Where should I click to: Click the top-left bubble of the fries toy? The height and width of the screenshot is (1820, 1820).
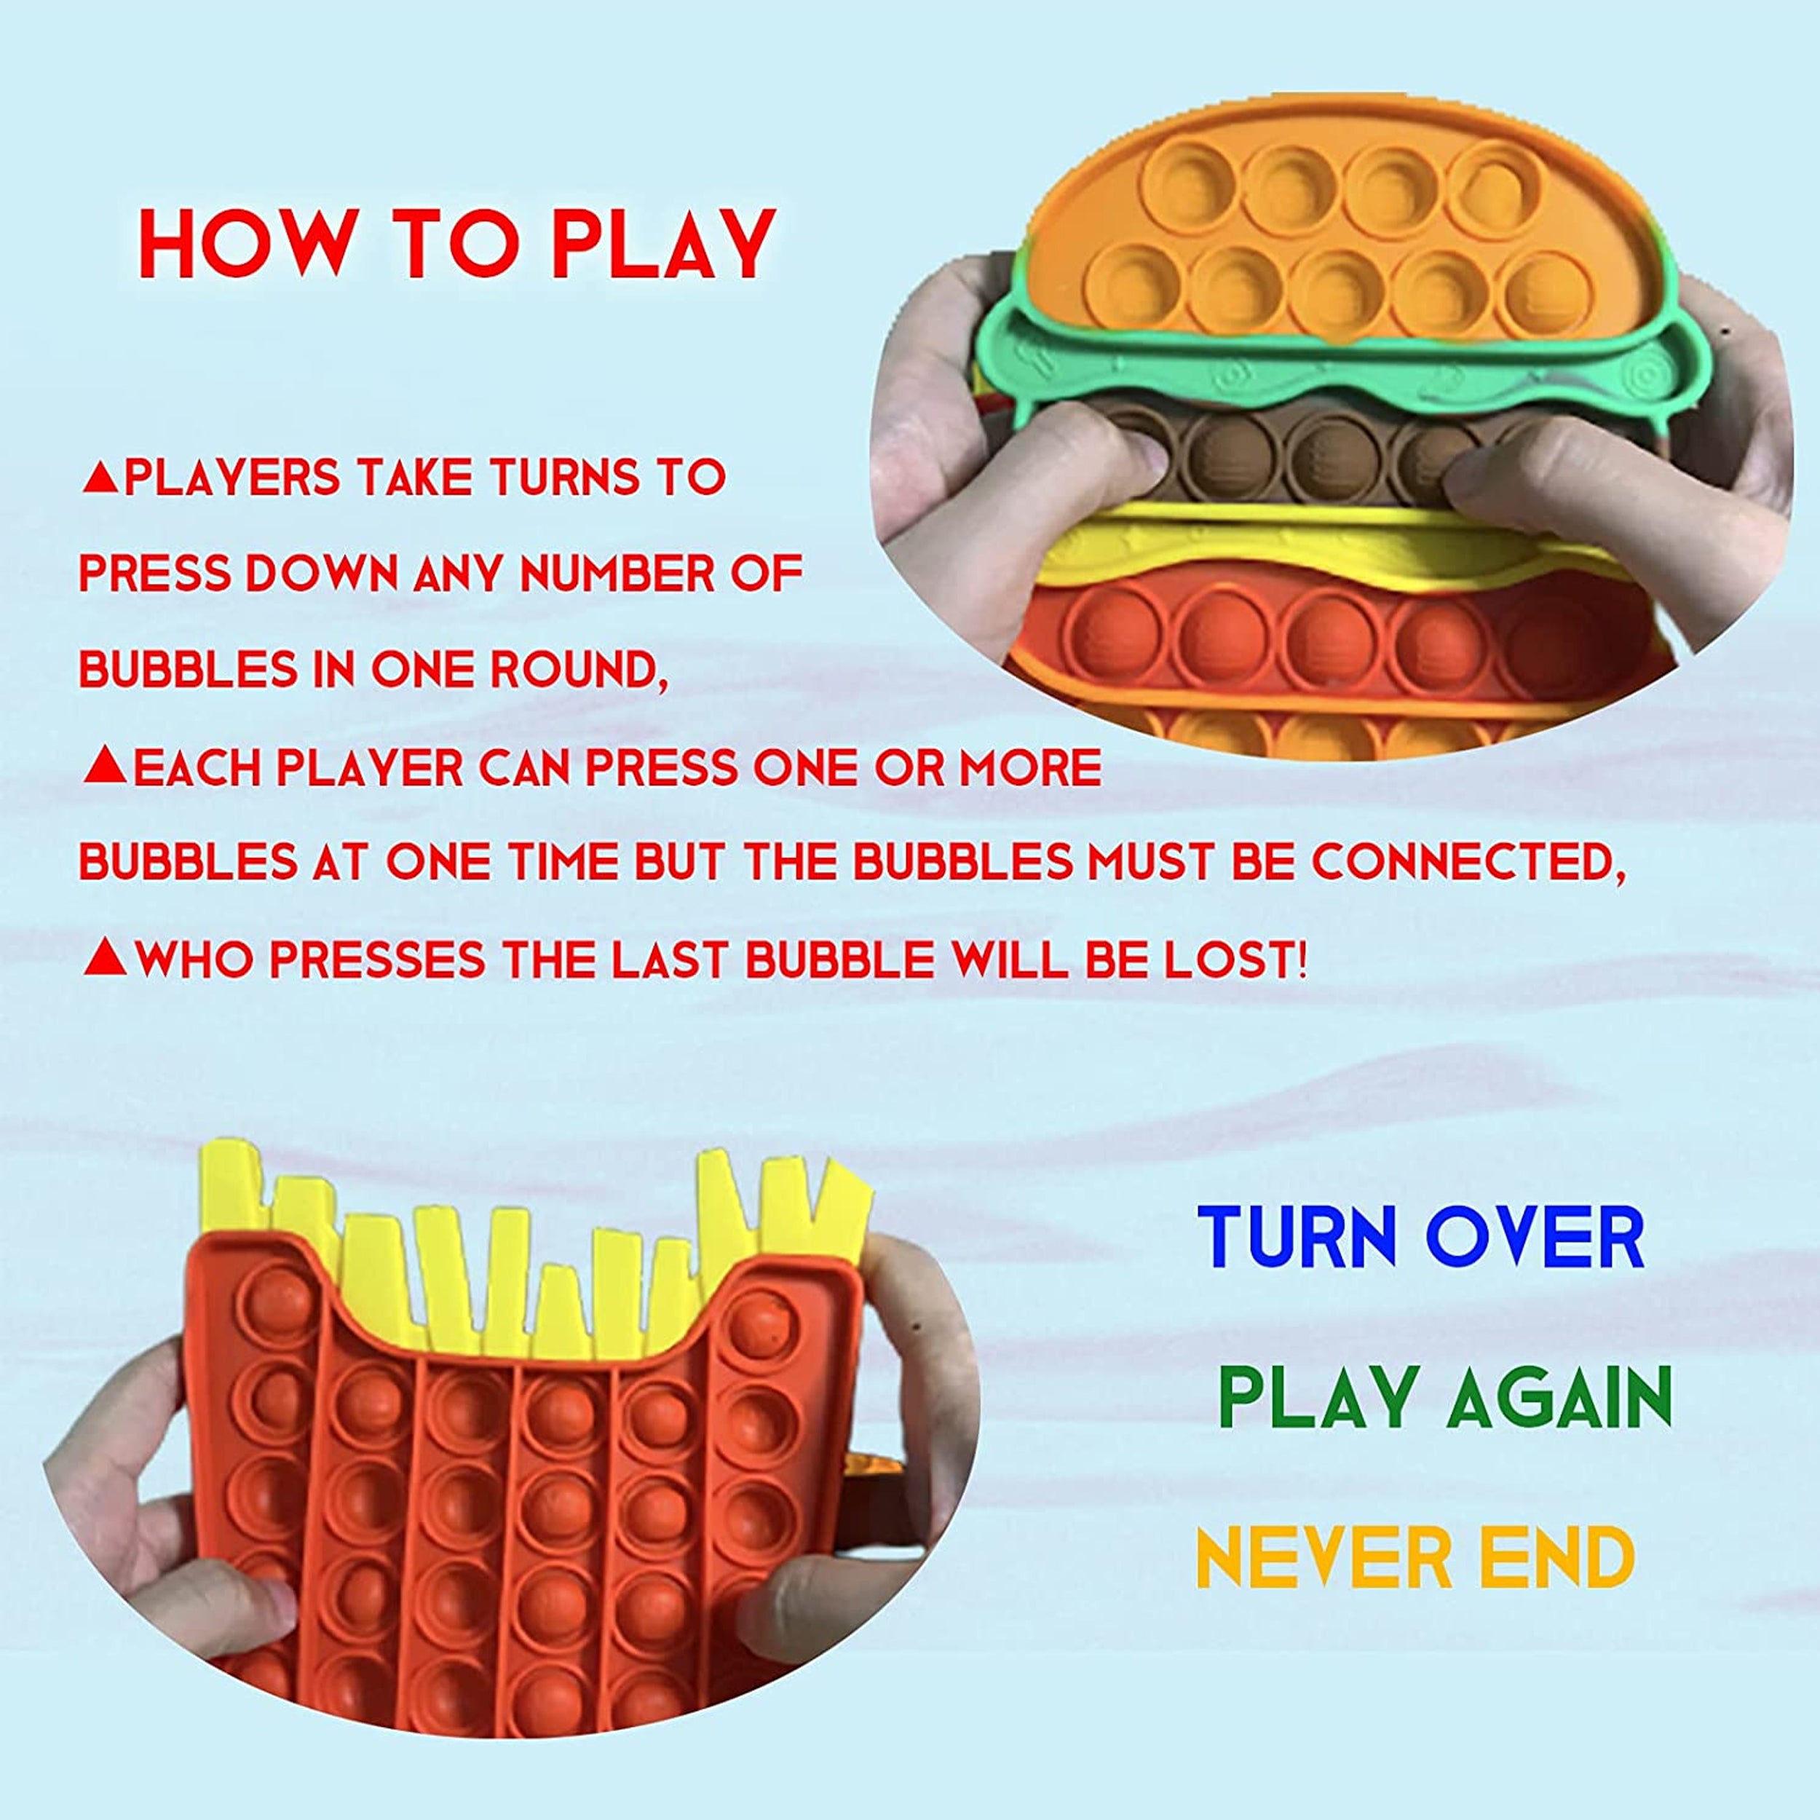[282, 1303]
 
